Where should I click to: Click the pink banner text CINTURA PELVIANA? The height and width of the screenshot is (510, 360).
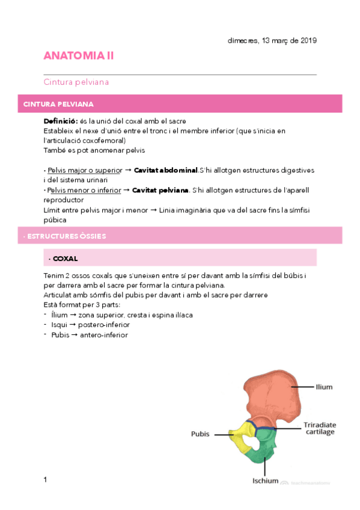click(x=58, y=104)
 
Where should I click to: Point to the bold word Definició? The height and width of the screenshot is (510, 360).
click(x=60, y=121)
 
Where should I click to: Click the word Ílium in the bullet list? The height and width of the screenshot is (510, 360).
click(x=59, y=315)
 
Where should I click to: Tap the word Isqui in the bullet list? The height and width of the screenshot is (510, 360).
click(x=59, y=325)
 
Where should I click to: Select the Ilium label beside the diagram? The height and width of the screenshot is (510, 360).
click(x=324, y=387)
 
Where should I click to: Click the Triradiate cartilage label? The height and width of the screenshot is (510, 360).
click(x=320, y=428)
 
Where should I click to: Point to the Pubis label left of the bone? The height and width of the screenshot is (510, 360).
click(x=200, y=433)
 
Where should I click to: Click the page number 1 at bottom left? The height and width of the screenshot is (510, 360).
click(x=45, y=479)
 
